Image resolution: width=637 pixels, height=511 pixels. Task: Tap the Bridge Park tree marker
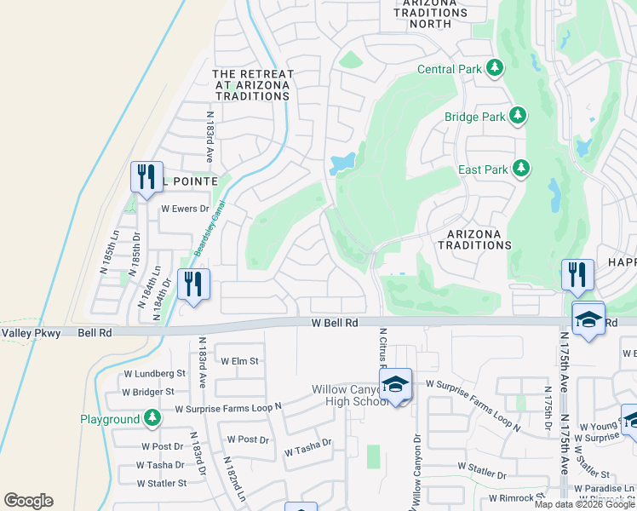pyautogui.click(x=518, y=116)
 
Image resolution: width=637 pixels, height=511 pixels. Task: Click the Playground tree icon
pyautogui.click(x=152, y=418)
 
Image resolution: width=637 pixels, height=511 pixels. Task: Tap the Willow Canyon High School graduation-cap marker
pyautogui.click(x=396, y=386)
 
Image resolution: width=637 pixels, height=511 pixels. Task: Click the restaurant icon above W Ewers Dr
pyautogui.click(x=145, y=176)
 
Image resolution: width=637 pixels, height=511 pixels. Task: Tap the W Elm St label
pyautogui.click(x=239, y=361)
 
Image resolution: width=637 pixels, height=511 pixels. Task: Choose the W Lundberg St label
pyautogui.click(x=152, y=373)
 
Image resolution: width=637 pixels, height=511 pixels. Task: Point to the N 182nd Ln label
pyautogui.click(x=234, y=479)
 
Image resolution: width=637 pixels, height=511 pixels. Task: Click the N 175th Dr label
pyautogui.click(x=546, y=411)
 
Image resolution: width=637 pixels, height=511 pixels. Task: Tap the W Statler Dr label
pyautogui.click(x=482, y=467)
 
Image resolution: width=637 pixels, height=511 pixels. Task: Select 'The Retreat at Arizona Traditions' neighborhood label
pyautogui.click(x=252, y=85)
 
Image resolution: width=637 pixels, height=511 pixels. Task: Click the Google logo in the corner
pyautogui.click(x=28, y=501)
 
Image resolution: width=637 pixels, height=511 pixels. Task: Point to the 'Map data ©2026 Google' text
pyautogui.click(x=584, y=504)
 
